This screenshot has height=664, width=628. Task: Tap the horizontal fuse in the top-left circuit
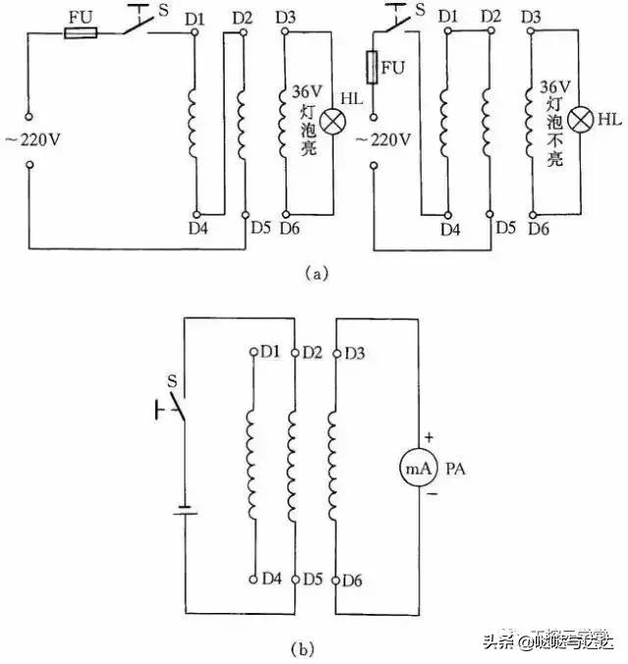(x=79, y=32)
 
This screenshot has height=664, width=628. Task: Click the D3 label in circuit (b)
(x=355, y=351)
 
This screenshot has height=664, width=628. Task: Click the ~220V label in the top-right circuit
(x=382, y=139)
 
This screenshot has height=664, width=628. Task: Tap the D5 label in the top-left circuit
(x=259, y=229)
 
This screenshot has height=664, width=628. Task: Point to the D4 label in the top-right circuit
(x=450, y=230)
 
